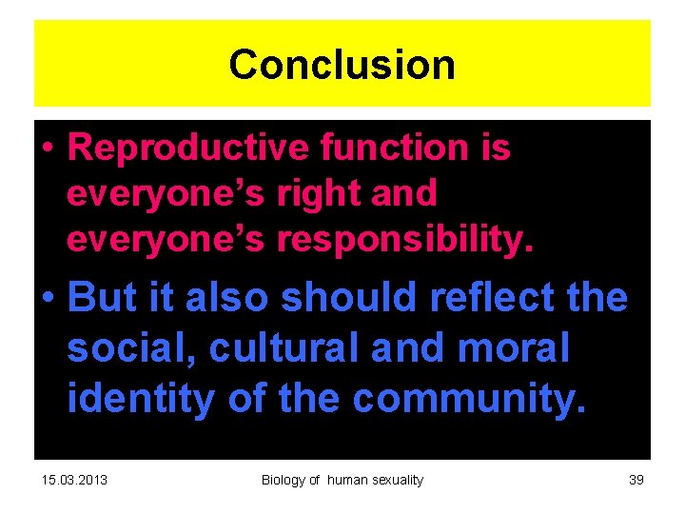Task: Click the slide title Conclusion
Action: coord(342,65)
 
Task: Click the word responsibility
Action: coord(405,241)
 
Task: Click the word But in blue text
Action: coord(100,299)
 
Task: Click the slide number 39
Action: coord(636,480)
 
